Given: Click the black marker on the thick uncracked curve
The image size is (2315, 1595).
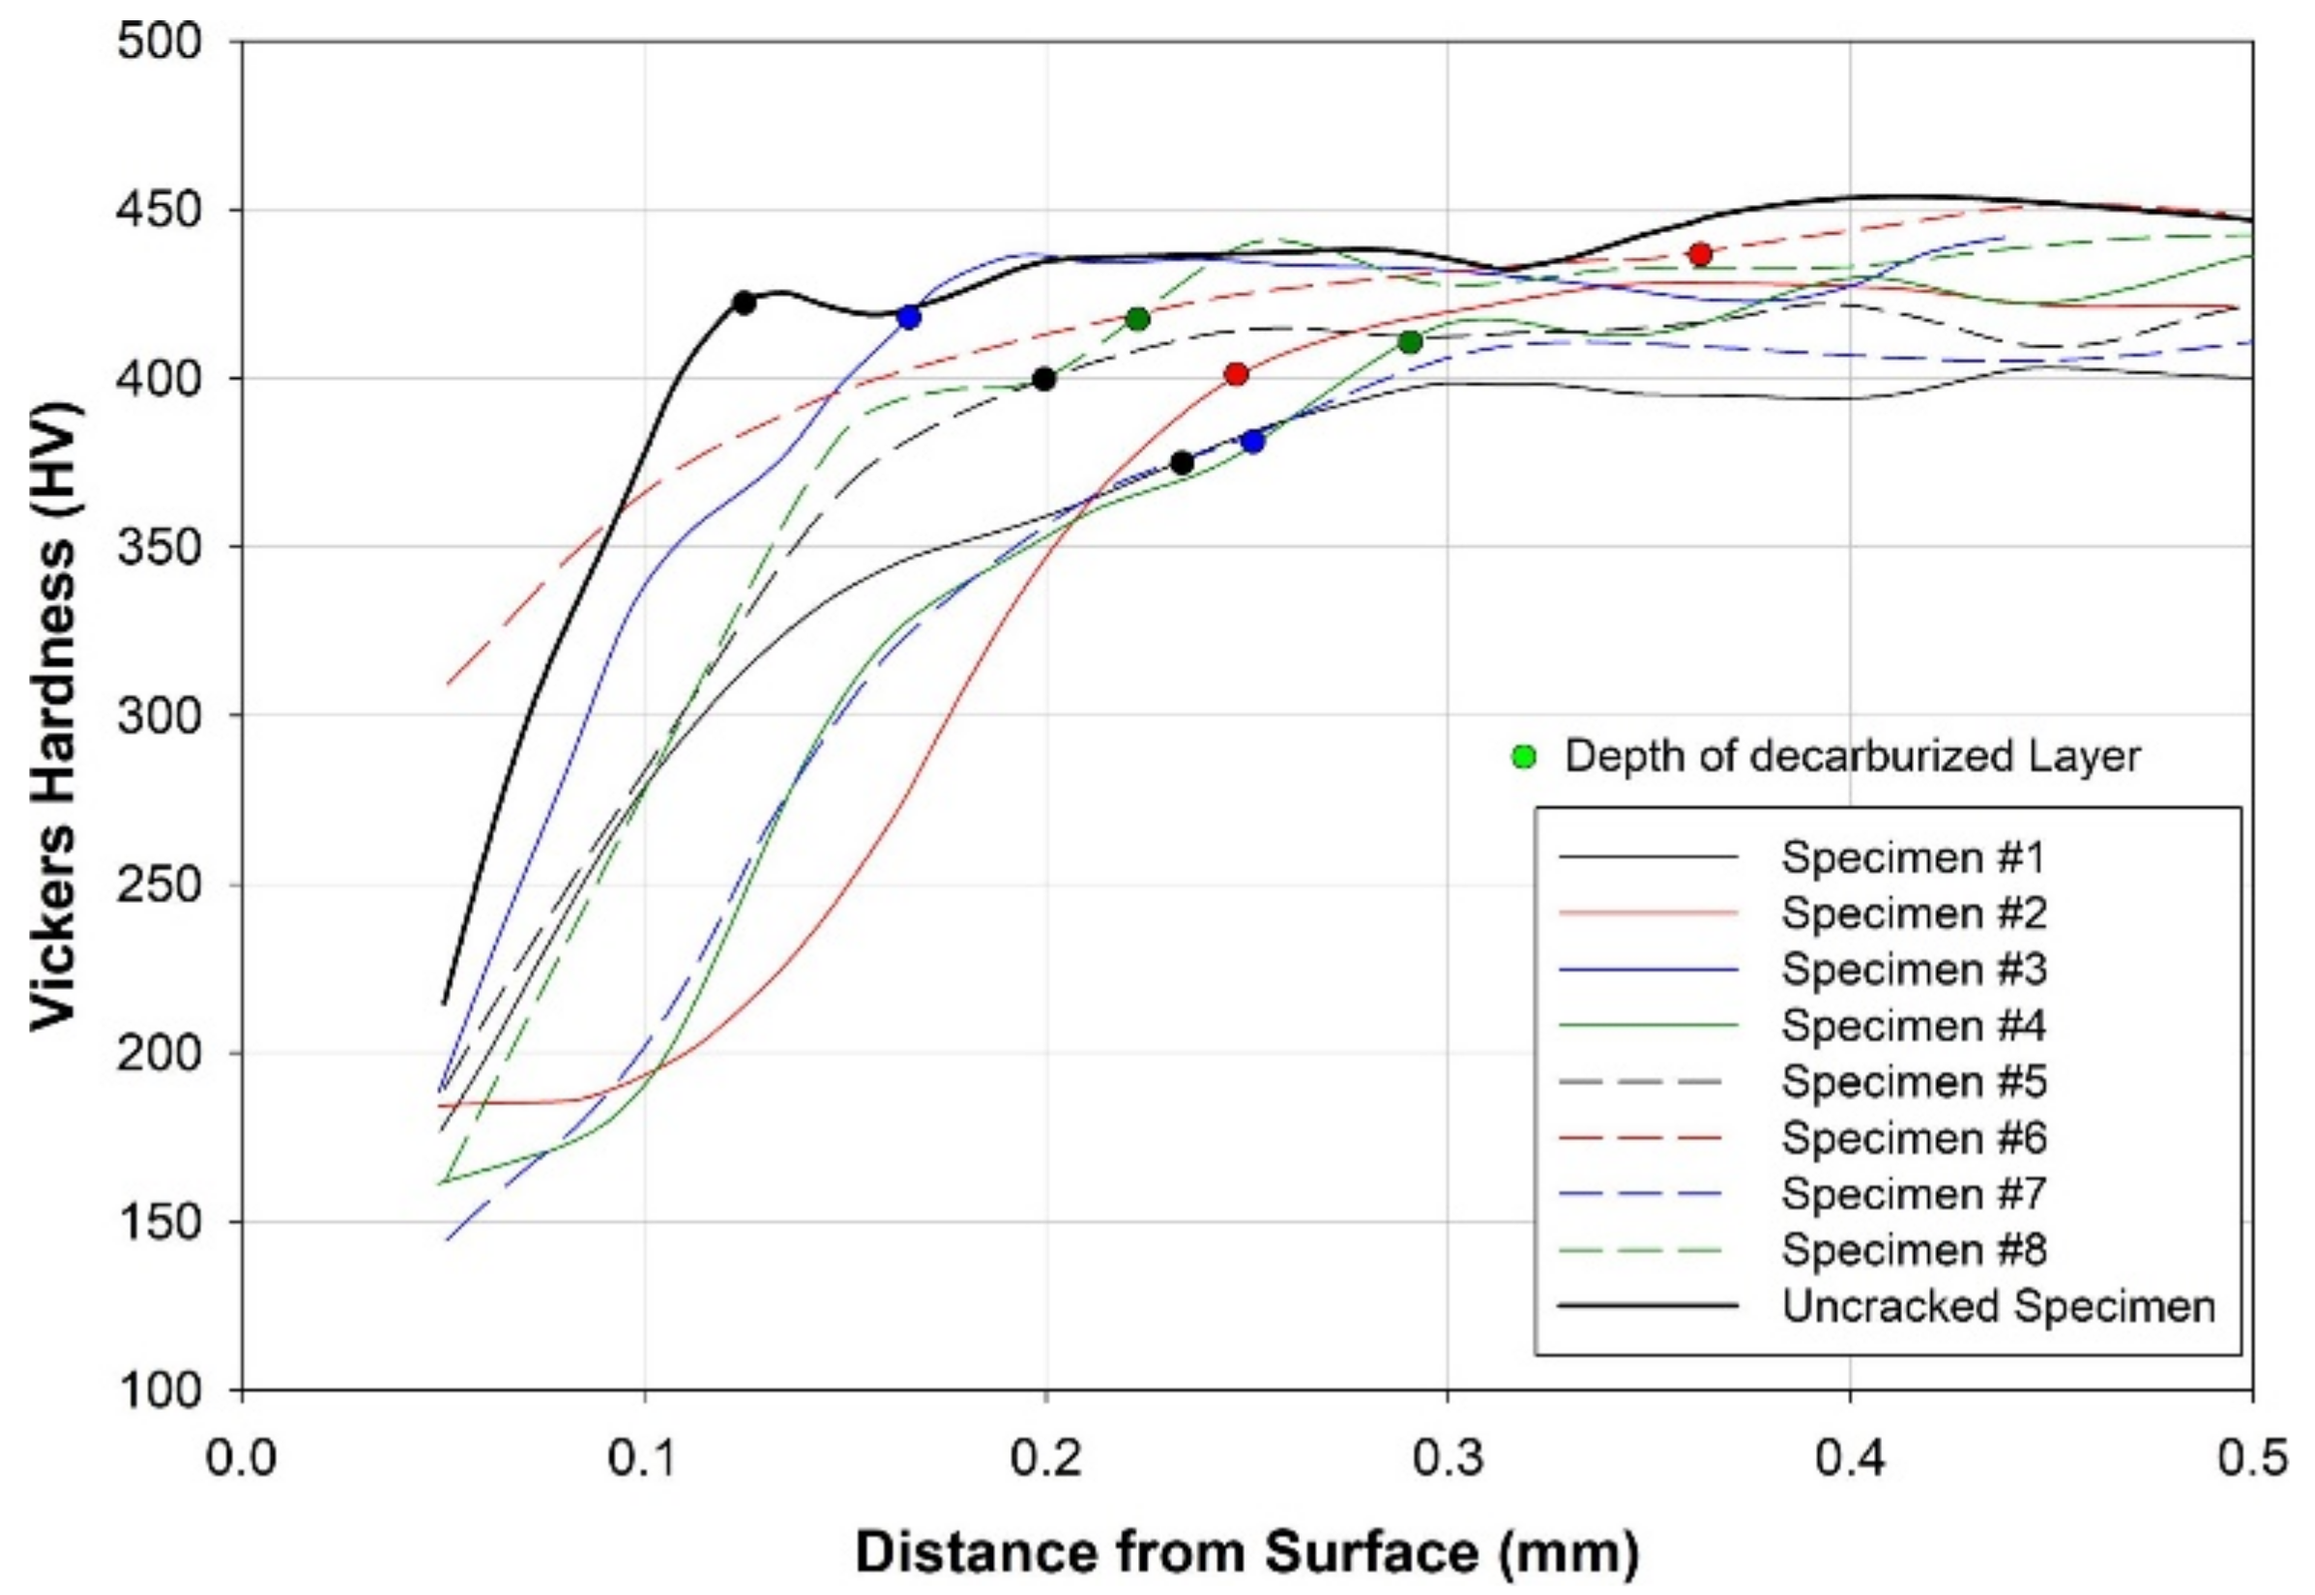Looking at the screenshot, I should (x=744, y=303).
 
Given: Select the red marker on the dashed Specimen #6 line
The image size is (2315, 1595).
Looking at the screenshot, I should (x=1699, y=254).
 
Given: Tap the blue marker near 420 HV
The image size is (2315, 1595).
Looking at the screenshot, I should (x=909, y=318).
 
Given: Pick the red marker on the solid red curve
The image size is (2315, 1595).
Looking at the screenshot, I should (x=1237, y=375).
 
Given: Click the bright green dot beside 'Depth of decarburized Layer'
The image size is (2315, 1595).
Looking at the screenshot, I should (x=1523, y=758).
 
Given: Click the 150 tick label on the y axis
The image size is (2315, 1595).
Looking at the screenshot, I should (x=159, y=1221).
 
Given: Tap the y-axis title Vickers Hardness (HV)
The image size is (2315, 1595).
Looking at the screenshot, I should (x=55, y=715).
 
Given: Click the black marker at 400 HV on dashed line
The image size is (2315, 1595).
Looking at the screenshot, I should (x=1043, y=379).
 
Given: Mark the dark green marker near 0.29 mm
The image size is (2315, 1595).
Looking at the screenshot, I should (x=1411, y=343).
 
